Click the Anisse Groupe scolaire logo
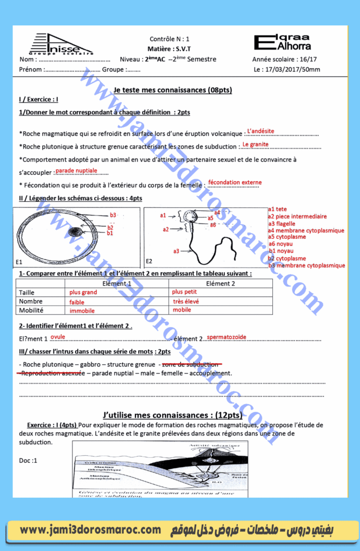(x=61, y=44)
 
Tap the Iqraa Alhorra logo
(x=289, y=42)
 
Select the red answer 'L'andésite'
(x=260, y=131)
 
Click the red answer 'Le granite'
(x=255, y=144)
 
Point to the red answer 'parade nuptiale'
(x=76, y=171)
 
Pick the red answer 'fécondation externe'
(x=235, y=182)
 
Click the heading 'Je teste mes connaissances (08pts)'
(x=167, y=90)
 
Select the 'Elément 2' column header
(x=221, y=284)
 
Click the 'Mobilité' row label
(x=31, y=310)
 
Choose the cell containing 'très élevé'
(x=186, y=301)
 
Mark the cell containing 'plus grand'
(x=83, y=292)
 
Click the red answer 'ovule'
(x=58, y=336)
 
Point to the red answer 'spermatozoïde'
(x=226, y=337)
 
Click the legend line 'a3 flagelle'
(x=281, y=224)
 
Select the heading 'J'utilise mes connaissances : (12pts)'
(x=172, y=415)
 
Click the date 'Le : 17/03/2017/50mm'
(x=286, y=69)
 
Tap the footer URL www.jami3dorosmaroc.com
(x=90, y=531)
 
